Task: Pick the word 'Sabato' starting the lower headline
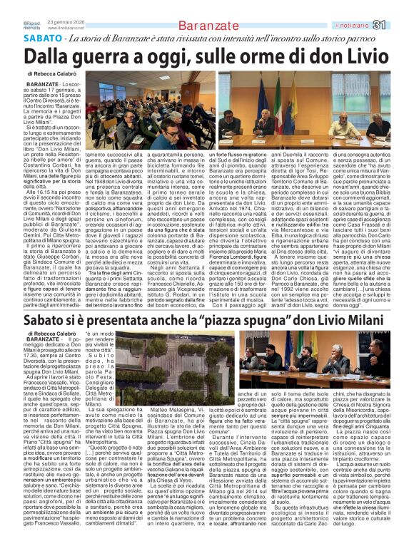48,303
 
